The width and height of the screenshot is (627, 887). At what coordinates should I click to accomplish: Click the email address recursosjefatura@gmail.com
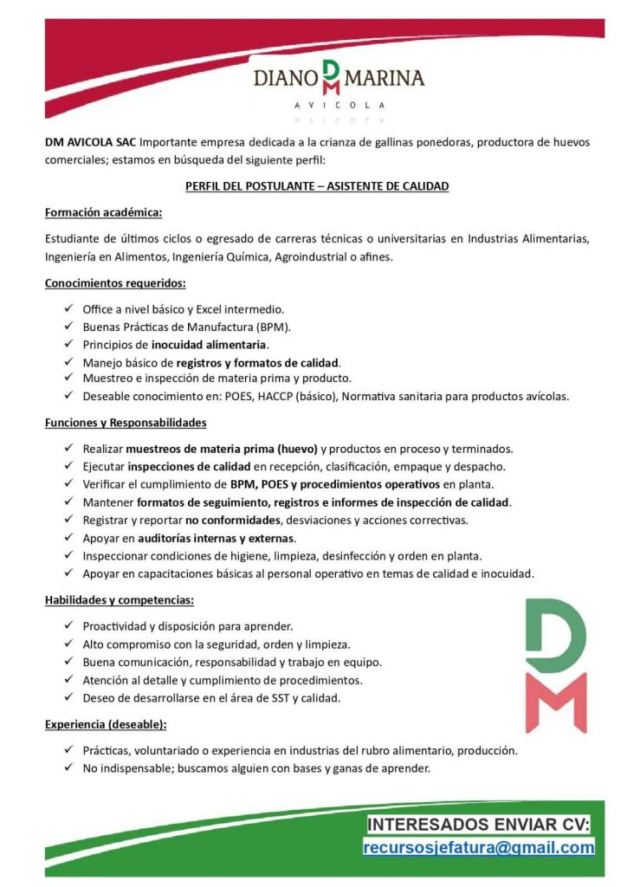pyautogui.click(x=479, y=847)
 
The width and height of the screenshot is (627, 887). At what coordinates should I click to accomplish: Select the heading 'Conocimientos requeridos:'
pyautogui.click(x=115, y=282)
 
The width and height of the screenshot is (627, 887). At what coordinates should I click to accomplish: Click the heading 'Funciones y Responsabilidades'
pyautogui.click(x=126, y=423)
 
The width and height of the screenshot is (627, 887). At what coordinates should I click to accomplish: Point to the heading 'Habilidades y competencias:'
pyautogui.click(x=120, y=599)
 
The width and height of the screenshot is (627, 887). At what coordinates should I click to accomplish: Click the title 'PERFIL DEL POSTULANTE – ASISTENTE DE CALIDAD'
pyautogui.click(x=317, y=186)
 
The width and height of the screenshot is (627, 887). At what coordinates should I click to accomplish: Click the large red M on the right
pyautogui.click(x=555, y=702)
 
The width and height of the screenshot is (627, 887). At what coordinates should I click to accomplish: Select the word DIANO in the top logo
pyautogui.click(x=285, y=79)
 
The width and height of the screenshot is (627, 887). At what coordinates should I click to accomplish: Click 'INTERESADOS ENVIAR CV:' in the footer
pyautogui.click(x=479, y=823)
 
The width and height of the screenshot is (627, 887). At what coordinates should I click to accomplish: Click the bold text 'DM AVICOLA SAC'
pyautogui.click(x=90, y=142)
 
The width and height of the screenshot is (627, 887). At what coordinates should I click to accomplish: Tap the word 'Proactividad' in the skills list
pyautogui.click(x=113, y=625)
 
